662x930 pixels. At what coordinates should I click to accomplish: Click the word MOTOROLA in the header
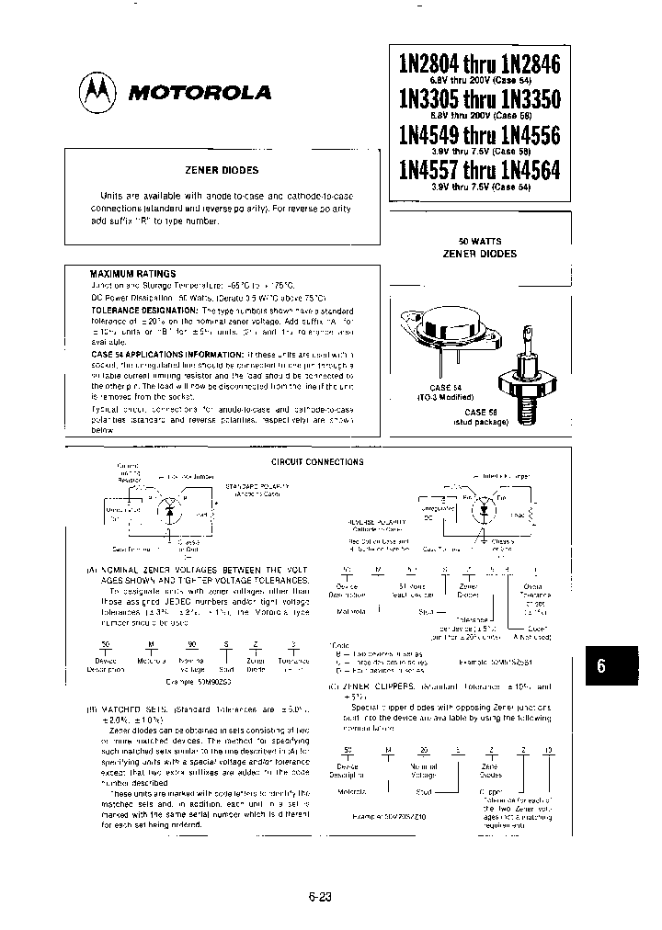coord(199,93)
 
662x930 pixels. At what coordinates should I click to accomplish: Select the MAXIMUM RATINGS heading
coord(132,274)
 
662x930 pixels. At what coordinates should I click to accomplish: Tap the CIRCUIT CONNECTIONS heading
coord(317,461)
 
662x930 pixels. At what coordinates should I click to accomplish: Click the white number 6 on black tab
coord(601,667)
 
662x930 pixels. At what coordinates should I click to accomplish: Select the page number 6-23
coord(319,898)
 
